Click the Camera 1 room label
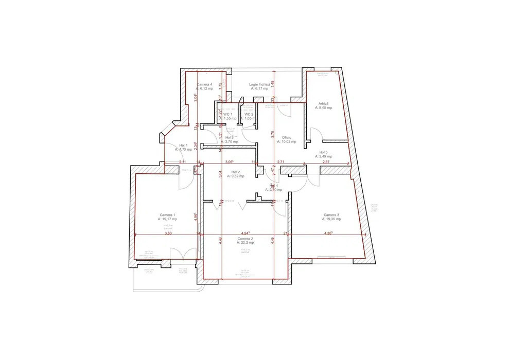point(167,214)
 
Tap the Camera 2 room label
point(245,239)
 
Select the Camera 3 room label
point(331,214)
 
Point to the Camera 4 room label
point(204,84)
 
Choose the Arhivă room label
point(323,103)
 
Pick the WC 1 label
point(227,114)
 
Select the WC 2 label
point(249,114)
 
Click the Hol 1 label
point(183,146)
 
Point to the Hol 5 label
point(323,152)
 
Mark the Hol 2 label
point(236,172)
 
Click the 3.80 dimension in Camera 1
point(168,233)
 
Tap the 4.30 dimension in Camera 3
point(328,233)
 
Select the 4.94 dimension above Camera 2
point(245,233)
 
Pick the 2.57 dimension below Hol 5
point(326,162)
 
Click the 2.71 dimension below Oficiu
point(280,162)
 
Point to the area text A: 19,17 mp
point(167,219)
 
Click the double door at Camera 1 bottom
point(183,254)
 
